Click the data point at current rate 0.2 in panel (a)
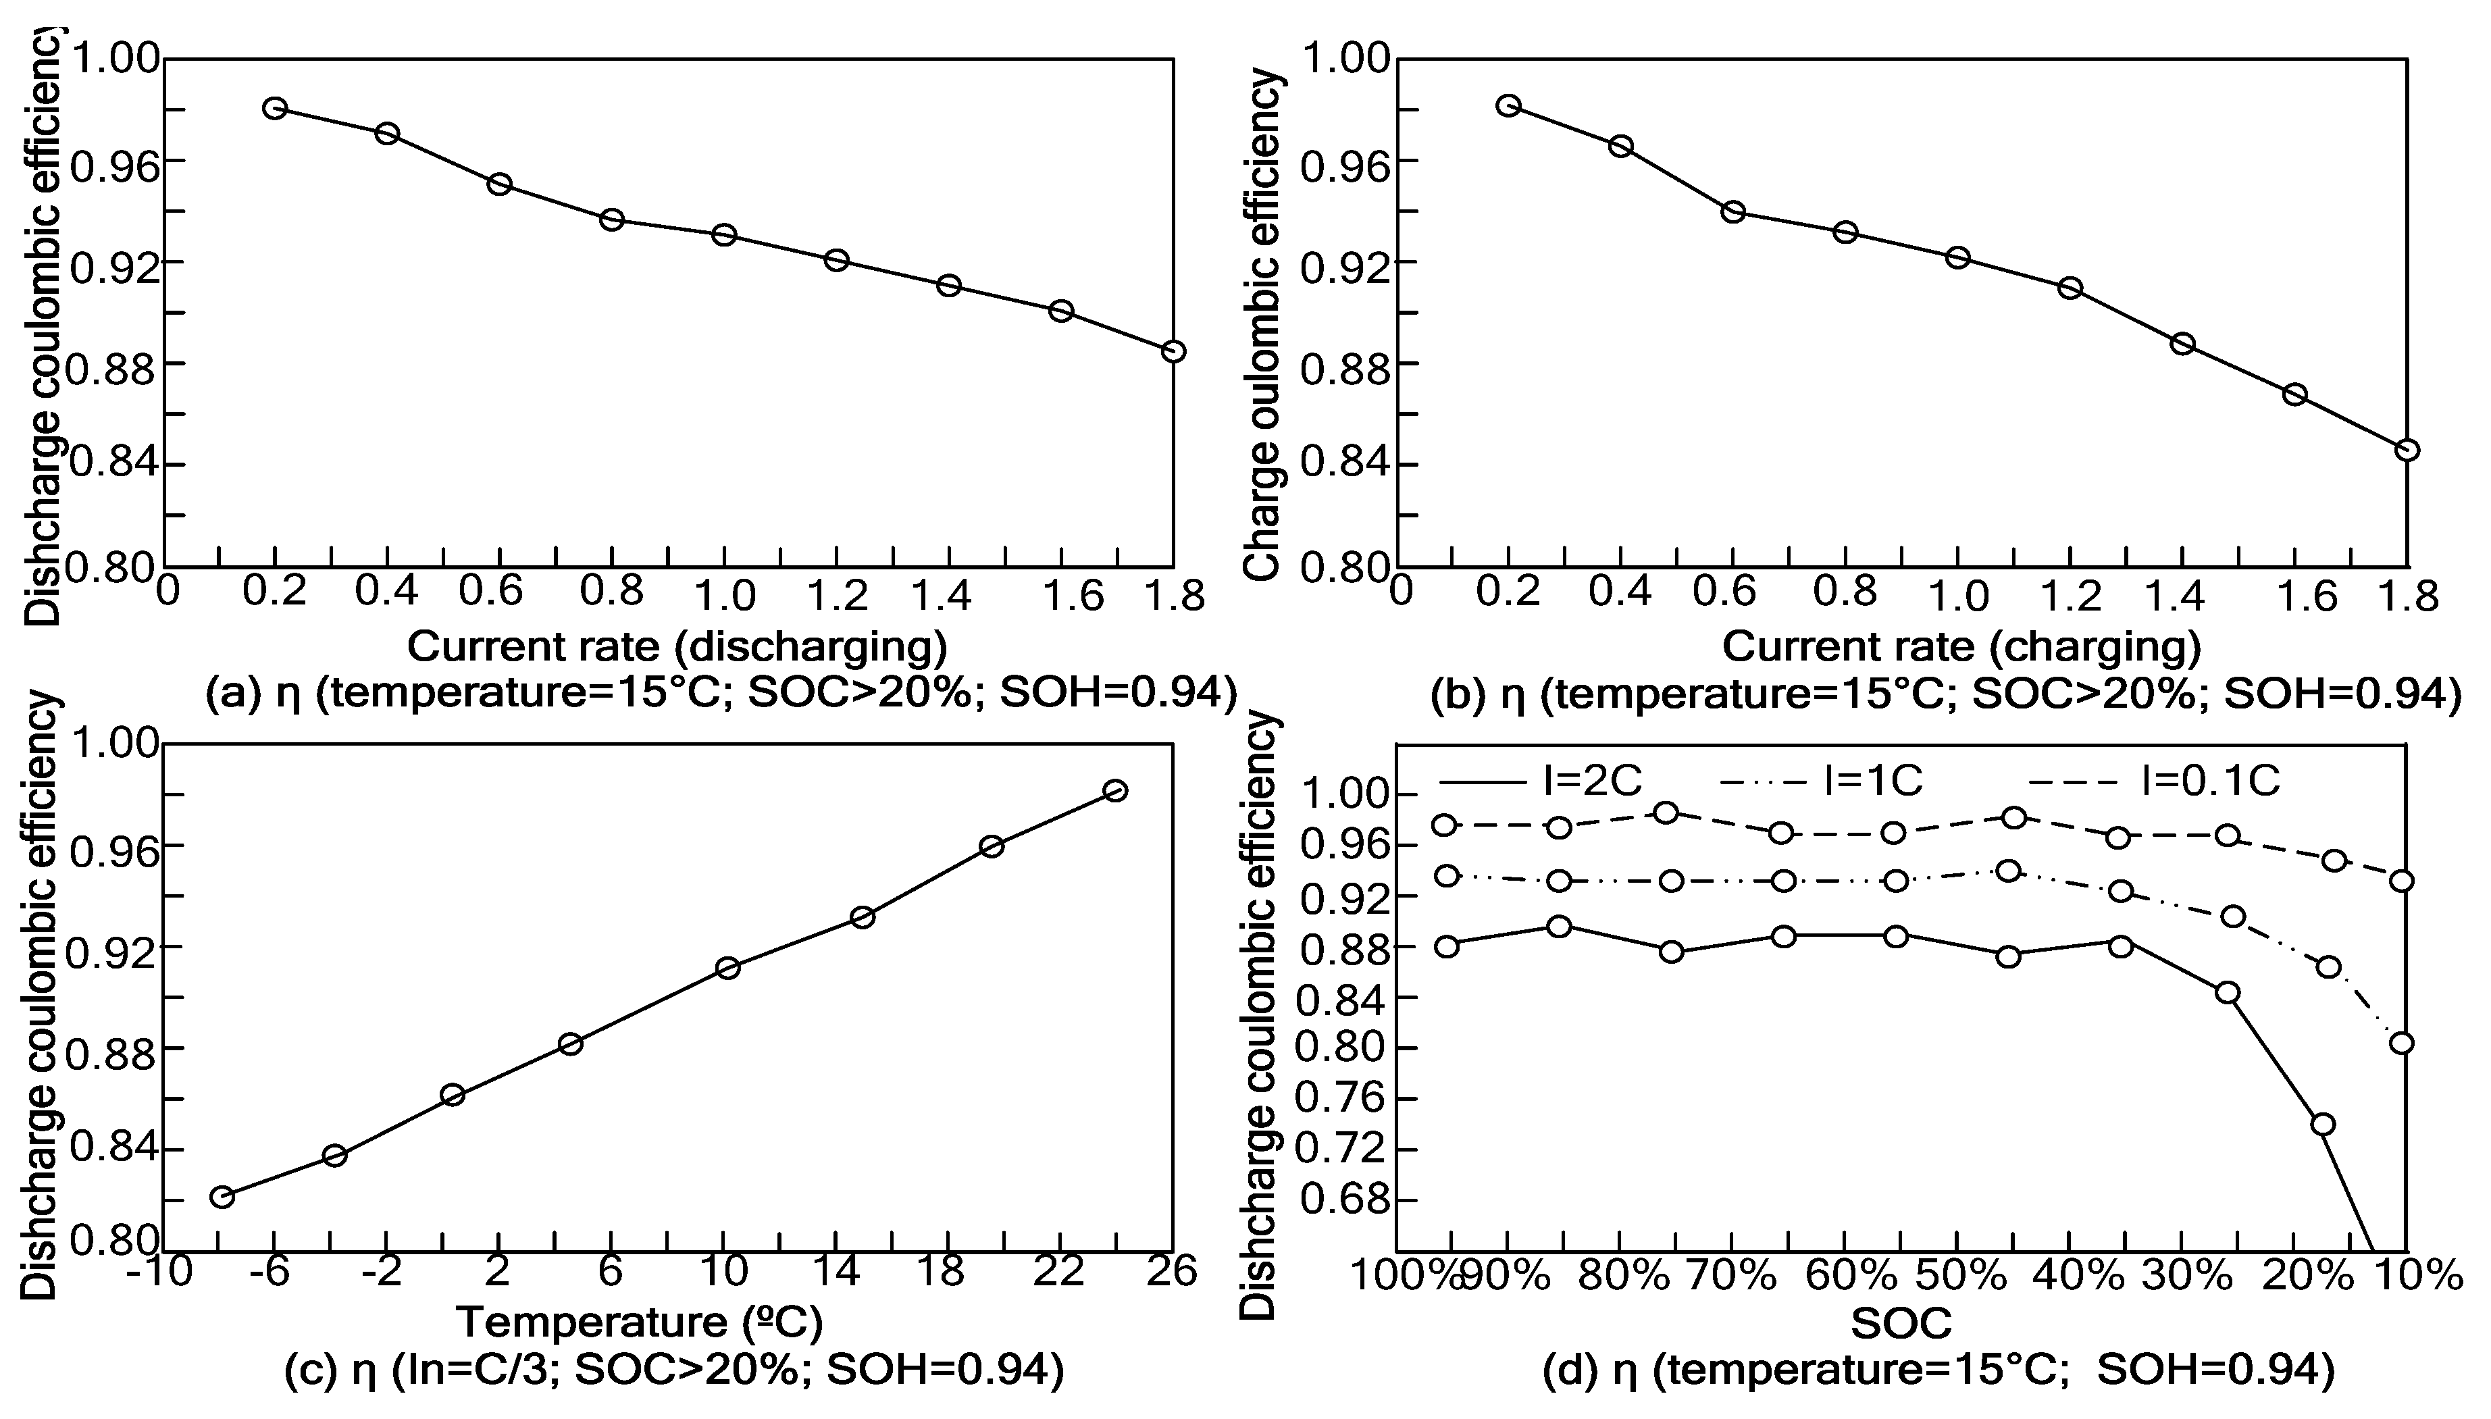tap(275, 108)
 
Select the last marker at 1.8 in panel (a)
tap(1173, 351)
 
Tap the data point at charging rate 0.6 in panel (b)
tap(1732, 211)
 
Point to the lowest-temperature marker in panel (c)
tap(222, 1197)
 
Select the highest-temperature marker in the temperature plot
tap(1116, 790)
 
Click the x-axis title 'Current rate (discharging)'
tap(676, 646)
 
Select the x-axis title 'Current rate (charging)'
tap(1961, 646)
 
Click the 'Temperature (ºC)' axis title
tap(640, 1322)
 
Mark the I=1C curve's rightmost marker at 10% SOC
tap(2401, 1043)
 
